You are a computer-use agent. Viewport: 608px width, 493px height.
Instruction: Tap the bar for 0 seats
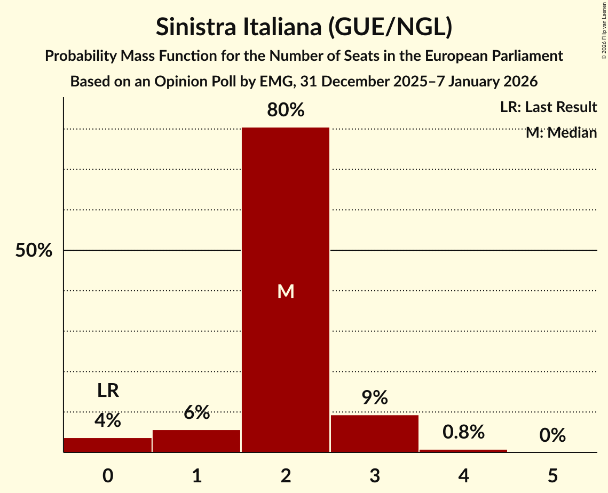[x=108, y=445]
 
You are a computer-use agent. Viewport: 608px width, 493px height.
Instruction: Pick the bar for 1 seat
[x=196, y=441]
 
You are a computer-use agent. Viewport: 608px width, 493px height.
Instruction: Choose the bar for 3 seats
[x=374, y=434]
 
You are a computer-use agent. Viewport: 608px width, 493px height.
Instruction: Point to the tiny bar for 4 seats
[x=463, y=451]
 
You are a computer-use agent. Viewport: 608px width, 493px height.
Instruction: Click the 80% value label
[x=286, y=110]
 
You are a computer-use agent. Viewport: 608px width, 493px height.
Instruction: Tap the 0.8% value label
[x=463, y=432]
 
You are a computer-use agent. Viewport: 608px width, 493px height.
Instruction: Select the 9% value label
[x=374, y=397]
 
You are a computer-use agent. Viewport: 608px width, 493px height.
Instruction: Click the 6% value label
[x=196, y=412]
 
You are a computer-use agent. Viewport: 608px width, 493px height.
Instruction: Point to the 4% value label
[x=108, y=421]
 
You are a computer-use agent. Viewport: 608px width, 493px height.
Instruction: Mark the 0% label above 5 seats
[x=552, y=436]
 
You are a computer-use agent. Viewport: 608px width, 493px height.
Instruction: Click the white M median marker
[x=286, y=291]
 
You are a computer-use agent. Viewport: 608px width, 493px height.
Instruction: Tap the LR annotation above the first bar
[x=108, y=391]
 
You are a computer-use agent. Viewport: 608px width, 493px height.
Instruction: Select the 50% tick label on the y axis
[x=34, y=251]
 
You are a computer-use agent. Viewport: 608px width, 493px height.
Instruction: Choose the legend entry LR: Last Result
[x=548, y=107]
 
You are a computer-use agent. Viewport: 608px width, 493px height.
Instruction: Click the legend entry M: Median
[x=560, y=133]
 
